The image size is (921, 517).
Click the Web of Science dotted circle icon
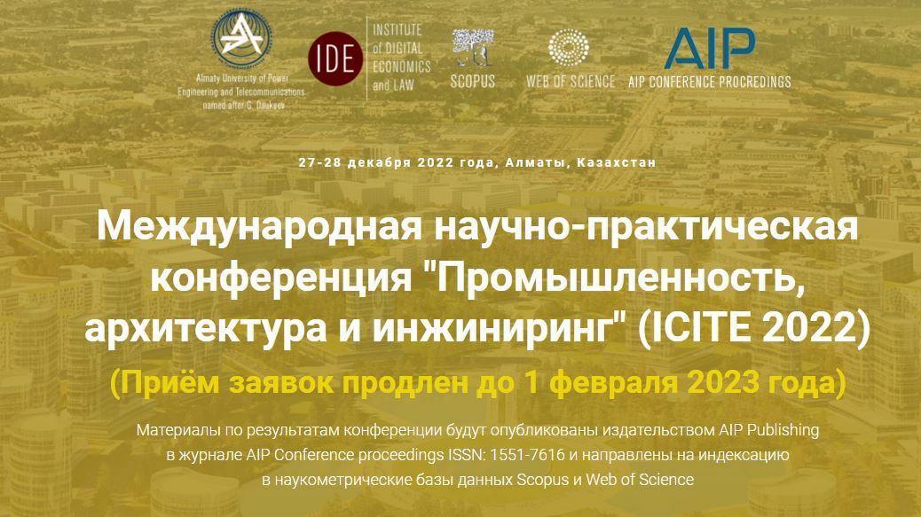(x=570, y=51)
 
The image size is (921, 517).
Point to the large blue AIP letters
(x=710, y=48)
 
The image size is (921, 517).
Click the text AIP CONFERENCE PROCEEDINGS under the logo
(x=709, y=82)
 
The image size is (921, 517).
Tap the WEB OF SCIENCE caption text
(x=571, y=82)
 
